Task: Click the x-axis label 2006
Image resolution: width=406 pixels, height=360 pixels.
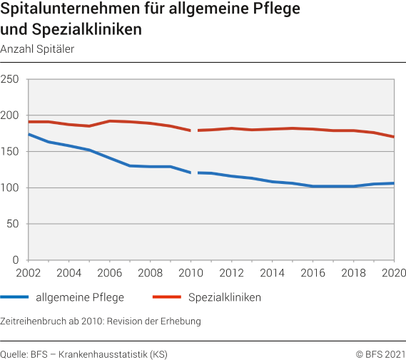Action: click(109, 273)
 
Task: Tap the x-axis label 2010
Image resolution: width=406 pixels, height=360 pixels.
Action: click(191, 273)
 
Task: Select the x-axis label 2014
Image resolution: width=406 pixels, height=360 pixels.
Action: click(272, 273)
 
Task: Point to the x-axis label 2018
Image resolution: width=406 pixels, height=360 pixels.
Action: click(353, 273)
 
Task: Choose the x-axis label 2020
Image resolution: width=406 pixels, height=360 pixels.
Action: click(392, 273)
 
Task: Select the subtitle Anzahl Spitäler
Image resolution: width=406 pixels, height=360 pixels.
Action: click(37, 49)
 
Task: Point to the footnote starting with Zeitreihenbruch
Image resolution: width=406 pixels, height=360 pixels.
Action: click(101, 321)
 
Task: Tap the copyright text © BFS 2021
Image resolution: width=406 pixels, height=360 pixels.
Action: click(380, 353)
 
